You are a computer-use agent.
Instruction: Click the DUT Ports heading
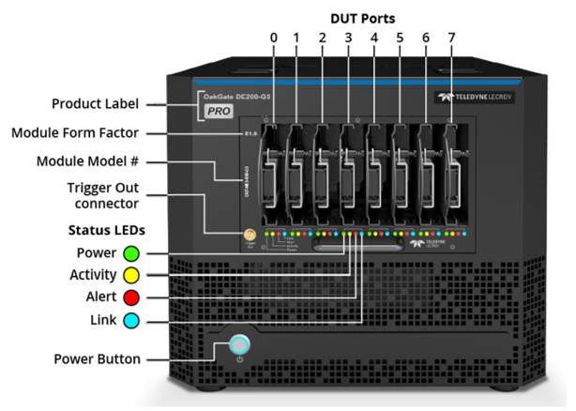coord(364,17)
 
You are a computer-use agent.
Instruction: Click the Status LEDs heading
coord(102,230)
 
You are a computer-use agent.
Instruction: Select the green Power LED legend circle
coord(130,252)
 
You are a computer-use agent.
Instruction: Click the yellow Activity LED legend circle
coord(130,275)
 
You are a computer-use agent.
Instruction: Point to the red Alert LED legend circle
coord(130,297)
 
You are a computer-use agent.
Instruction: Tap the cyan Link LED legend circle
coord(130,320)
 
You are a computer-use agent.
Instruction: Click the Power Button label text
coord(98,358)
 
